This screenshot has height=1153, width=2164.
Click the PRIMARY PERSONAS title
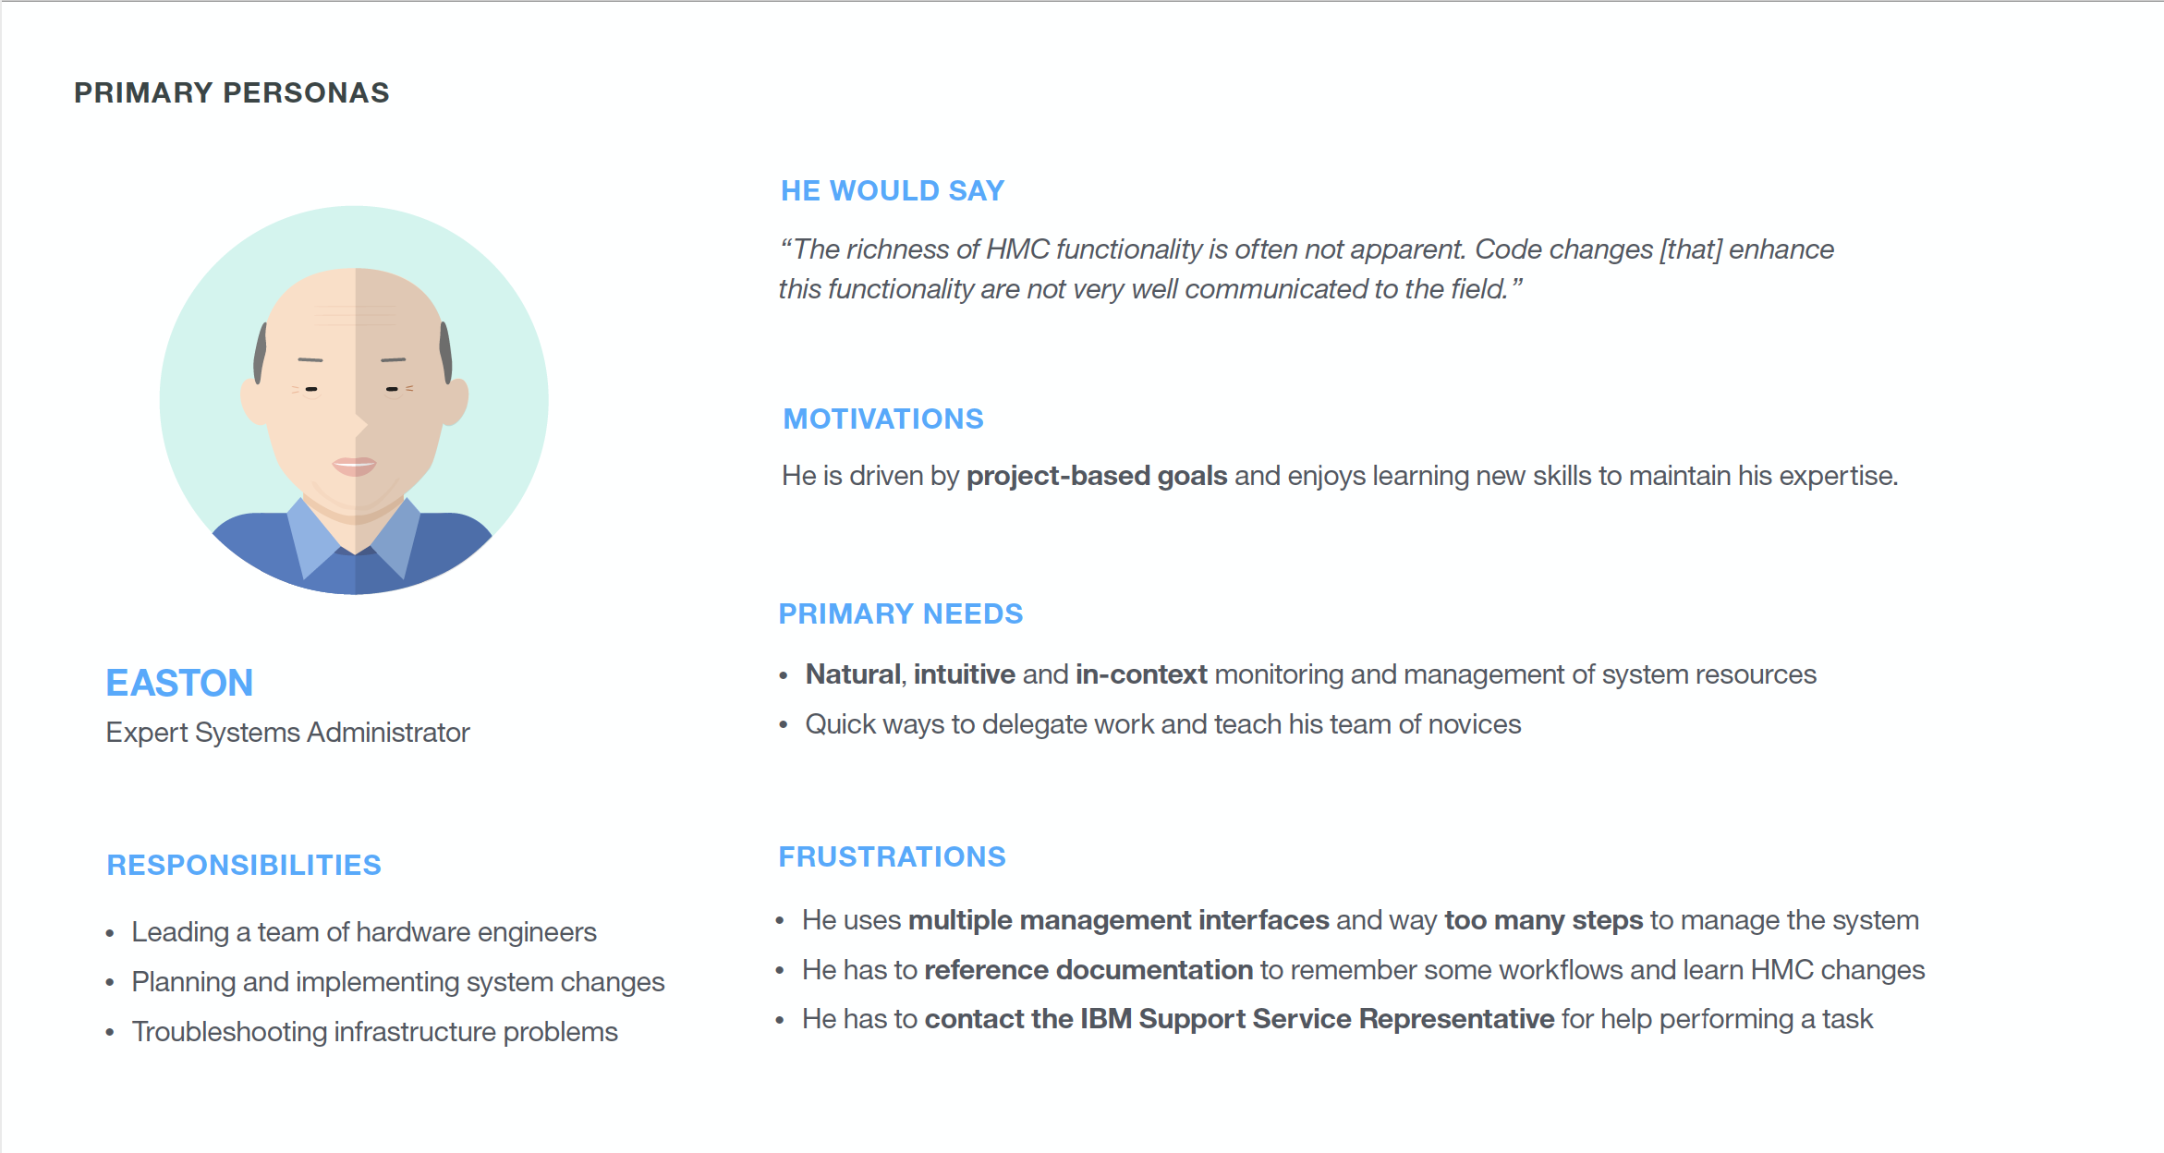[232, 92]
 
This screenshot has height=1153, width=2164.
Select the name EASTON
[179, 683]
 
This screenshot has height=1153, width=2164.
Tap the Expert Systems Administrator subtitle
[288, 733]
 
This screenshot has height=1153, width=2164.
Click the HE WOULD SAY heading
[893, 190]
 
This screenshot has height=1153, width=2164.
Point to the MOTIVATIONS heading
[883, 419]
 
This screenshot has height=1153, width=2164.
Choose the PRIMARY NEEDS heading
[901, 613]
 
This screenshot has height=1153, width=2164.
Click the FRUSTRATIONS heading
[893, 856]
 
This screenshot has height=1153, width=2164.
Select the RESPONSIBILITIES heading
[244, 865]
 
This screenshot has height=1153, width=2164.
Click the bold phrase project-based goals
[1097, 476]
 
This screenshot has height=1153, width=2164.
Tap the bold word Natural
[853, 674]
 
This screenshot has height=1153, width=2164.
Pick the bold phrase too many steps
[1544, 920]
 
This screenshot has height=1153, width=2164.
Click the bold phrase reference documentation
[1088, 970]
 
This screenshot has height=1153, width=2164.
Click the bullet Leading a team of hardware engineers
[364, 932]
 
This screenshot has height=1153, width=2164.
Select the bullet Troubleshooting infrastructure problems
[375, 1032]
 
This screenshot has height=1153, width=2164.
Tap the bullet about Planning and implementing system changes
[398, 982]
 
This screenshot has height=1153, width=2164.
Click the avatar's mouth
[355, 465]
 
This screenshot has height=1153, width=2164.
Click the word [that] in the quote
[1691, 249]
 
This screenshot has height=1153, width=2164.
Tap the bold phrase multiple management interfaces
[1119, 920]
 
